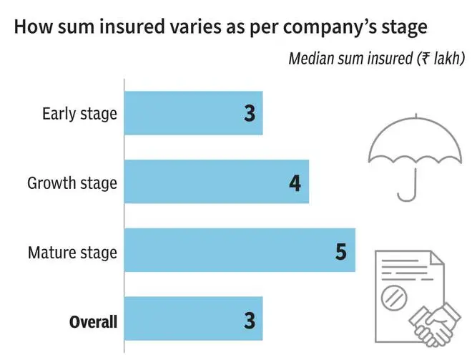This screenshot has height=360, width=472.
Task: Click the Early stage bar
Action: pyautogui.click(x=193, y=113)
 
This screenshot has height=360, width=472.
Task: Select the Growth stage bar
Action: pyautogui.click(x=217, y=181)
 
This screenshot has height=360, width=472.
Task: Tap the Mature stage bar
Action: pyautogui.click(x=240, y=250)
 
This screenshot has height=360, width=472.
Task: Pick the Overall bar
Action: pyautogui.click(x=193, y=318)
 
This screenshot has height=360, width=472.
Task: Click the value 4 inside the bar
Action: pyautogui.click(x=295, y=183)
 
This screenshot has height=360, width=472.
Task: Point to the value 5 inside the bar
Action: pyautogui.click(x=341, y=251)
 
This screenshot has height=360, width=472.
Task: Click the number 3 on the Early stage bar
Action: pyautogui.click(x=250, y=114)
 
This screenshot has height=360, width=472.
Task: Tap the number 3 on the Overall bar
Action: pyautogui.click(x=250, y=320)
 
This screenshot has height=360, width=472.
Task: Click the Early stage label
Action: pyautogui.click(x=79, y=115)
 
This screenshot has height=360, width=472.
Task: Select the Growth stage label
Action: pyautogui.click(x=72, y=183)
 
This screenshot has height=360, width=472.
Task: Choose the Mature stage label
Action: pyautogui.click(x=72, y=253)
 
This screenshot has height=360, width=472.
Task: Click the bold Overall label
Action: pyautogui.click(x=93, y=322)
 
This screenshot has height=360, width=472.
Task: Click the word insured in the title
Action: pyautogui.click(x=132, y=26)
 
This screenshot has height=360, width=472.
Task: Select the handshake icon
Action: pyautogui.click(x=435, y=325)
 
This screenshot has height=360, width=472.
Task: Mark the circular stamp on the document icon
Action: pyautogui.click(x=394, y=298)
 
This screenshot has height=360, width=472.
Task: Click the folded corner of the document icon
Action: pyautogui.click(x=437, y=258)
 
